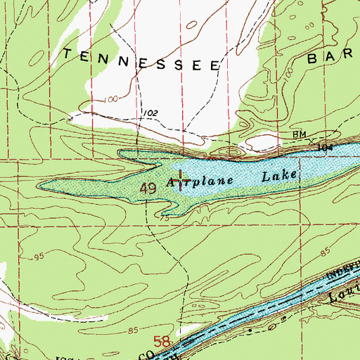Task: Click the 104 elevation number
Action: point(323,148)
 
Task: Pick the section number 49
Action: point(147,188)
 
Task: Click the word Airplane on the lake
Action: point(204,181)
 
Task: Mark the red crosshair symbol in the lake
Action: point(181,181)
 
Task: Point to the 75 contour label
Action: point(165,219)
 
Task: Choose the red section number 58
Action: point(162,342)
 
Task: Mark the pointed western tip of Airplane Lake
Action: point(40,186)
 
